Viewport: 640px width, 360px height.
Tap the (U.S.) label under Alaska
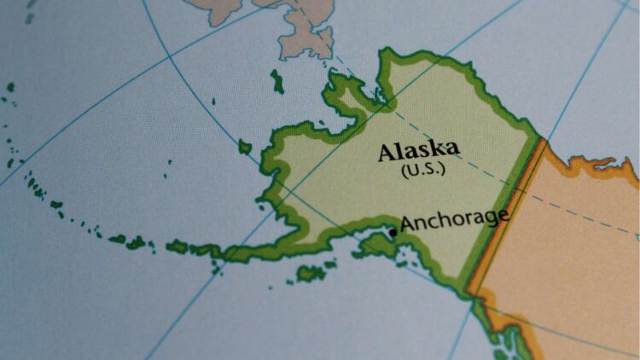tap(422, 169)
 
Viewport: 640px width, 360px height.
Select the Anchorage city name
tap(455, 219)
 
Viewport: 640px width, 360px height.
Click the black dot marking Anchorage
tap(393, 232)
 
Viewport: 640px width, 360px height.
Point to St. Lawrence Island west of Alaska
tap(277, 82)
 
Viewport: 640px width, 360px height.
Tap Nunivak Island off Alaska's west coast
tap(245, 148)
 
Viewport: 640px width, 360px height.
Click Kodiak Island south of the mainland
tap(311, 273)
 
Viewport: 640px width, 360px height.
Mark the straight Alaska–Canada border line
tap(503, 213)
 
